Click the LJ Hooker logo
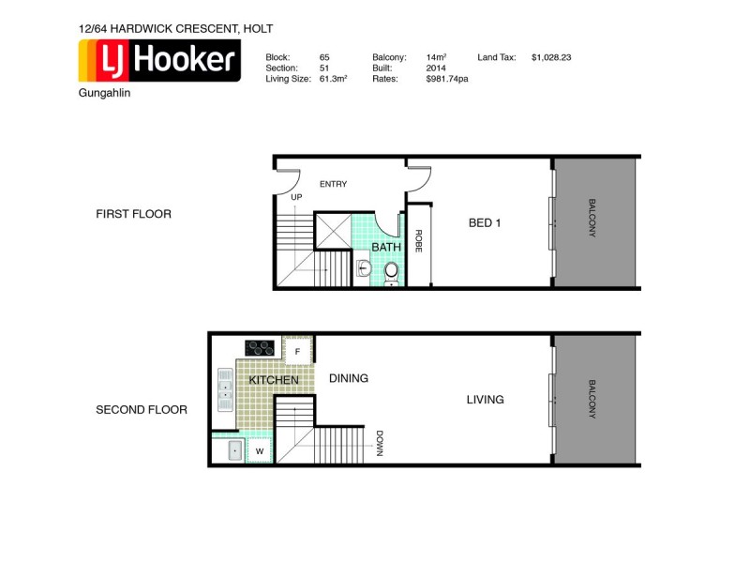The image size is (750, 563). coord(158,62)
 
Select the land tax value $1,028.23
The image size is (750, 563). coord(550,57)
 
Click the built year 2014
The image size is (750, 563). coord(436,68)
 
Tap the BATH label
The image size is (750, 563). coord(385,247)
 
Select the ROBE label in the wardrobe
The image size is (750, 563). coord(419,242)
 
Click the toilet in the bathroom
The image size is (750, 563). coord(391,271)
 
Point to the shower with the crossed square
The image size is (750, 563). coord(332,231)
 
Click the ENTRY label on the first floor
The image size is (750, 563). coord(333,184)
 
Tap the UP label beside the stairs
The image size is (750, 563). coord(296,198)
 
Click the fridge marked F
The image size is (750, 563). coord(297,351)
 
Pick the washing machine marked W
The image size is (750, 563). coord(259,451)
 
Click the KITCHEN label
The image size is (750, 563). coord(274,380)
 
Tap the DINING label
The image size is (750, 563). coord(348,378)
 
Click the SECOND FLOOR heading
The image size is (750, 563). coord(142,410)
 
